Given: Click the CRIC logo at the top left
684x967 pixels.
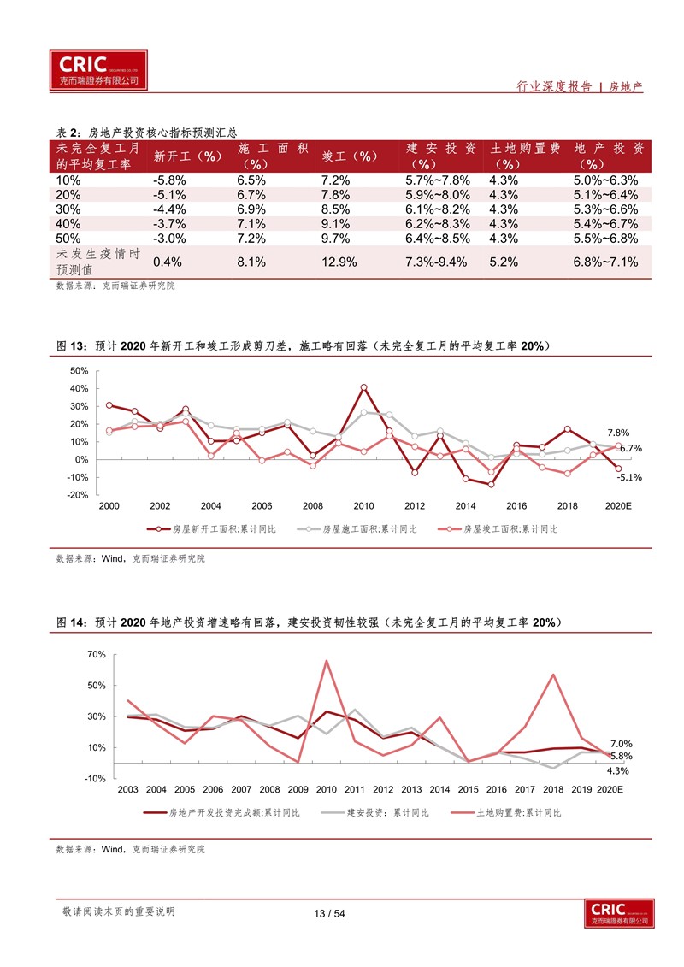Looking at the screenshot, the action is click(x=98, y=70).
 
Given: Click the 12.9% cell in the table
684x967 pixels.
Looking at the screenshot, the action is click(x=339, y=262).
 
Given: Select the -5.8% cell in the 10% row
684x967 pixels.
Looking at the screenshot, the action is click(x=169, y=180).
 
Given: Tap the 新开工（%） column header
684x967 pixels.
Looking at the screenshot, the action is click(x=187, y=156).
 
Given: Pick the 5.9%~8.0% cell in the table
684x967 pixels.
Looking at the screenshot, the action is click(x=437, y=195).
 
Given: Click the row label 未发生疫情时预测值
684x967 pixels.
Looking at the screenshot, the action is click(x=98, y=262).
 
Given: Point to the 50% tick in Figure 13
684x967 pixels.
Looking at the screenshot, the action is click(x=79, y=371).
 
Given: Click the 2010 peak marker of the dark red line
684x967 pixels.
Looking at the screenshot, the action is click(x=364, y=387).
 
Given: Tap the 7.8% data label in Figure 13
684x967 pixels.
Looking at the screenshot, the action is click(x=618, y=433).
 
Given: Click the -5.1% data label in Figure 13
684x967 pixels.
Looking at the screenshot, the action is click(x=629, y=477).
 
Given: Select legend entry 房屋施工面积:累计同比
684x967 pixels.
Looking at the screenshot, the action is click(x=357, y=529).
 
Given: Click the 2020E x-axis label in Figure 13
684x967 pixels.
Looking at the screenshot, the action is click(x=618, y=505).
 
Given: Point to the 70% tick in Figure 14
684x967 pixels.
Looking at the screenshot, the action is click(x=97, y=654).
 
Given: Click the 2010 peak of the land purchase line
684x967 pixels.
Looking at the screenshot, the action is click(x=327, y=661).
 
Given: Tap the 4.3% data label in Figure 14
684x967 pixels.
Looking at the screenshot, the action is click(x=618, y=771).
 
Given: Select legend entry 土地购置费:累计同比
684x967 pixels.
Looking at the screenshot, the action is click(x=506, y=813).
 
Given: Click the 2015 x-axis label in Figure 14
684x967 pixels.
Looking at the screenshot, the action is click(x=469, y=789).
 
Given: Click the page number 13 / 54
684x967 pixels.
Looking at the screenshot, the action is click(x=329, y=913).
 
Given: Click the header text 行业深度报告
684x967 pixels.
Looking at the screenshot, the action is click(x=554, y=87).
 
